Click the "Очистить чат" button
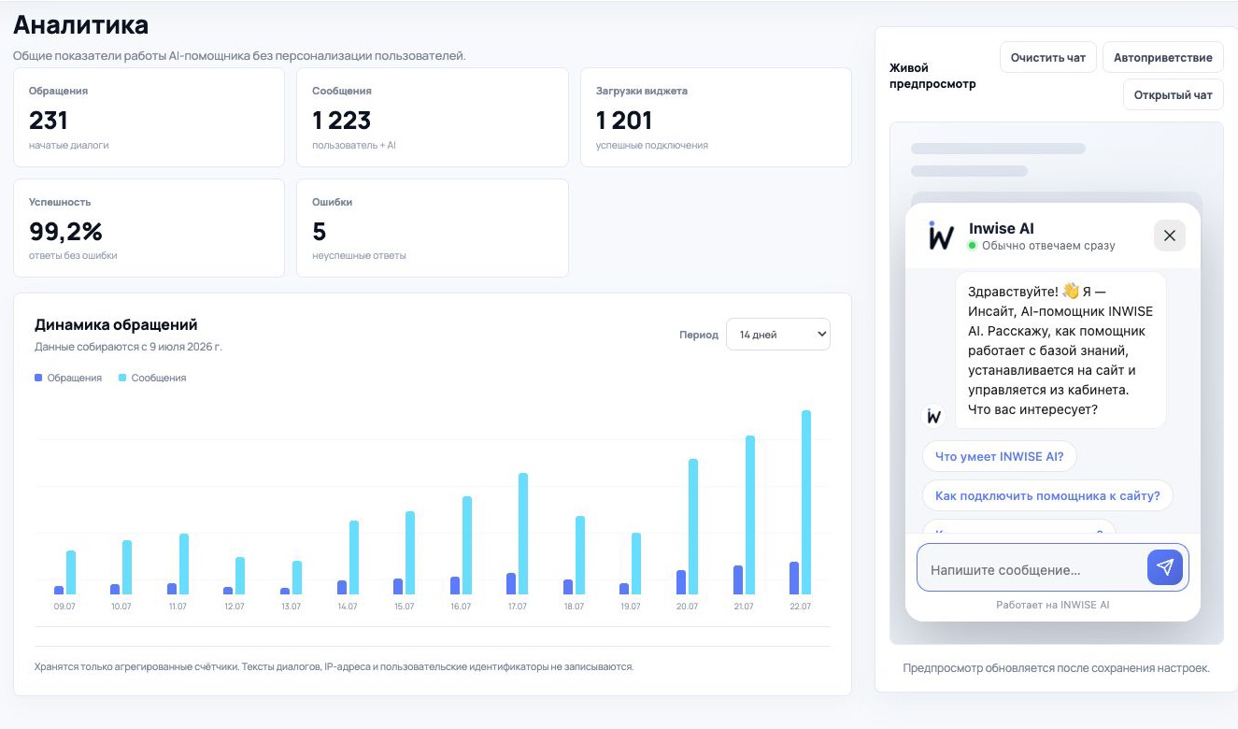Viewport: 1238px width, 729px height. (1048, 58)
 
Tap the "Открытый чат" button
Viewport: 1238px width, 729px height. (1173, 95)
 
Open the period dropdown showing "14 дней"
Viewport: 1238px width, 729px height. (777, 335)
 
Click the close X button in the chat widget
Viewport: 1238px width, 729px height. (1170, 236)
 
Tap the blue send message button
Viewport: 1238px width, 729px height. (1165, 567)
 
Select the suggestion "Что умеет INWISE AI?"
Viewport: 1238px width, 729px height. (999, 456)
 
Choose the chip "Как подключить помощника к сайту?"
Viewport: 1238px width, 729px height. (1047, 495)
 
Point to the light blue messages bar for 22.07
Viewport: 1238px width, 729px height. (806, 503)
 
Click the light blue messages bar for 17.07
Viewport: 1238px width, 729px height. (523, 534)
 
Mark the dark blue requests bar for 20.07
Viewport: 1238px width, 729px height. (681, 582)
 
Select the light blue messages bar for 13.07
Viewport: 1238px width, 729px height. (297, 578)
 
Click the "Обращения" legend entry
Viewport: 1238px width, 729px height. (68, 378)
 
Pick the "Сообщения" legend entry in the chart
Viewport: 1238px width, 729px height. (152, 378)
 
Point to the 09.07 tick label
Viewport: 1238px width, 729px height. (64, 607)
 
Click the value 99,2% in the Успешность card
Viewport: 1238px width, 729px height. (65, 232)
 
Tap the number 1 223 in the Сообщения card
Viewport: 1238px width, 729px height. (342, 121)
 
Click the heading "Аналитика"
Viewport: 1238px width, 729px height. (80, 25)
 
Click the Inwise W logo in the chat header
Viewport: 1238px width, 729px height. (941, 236)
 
